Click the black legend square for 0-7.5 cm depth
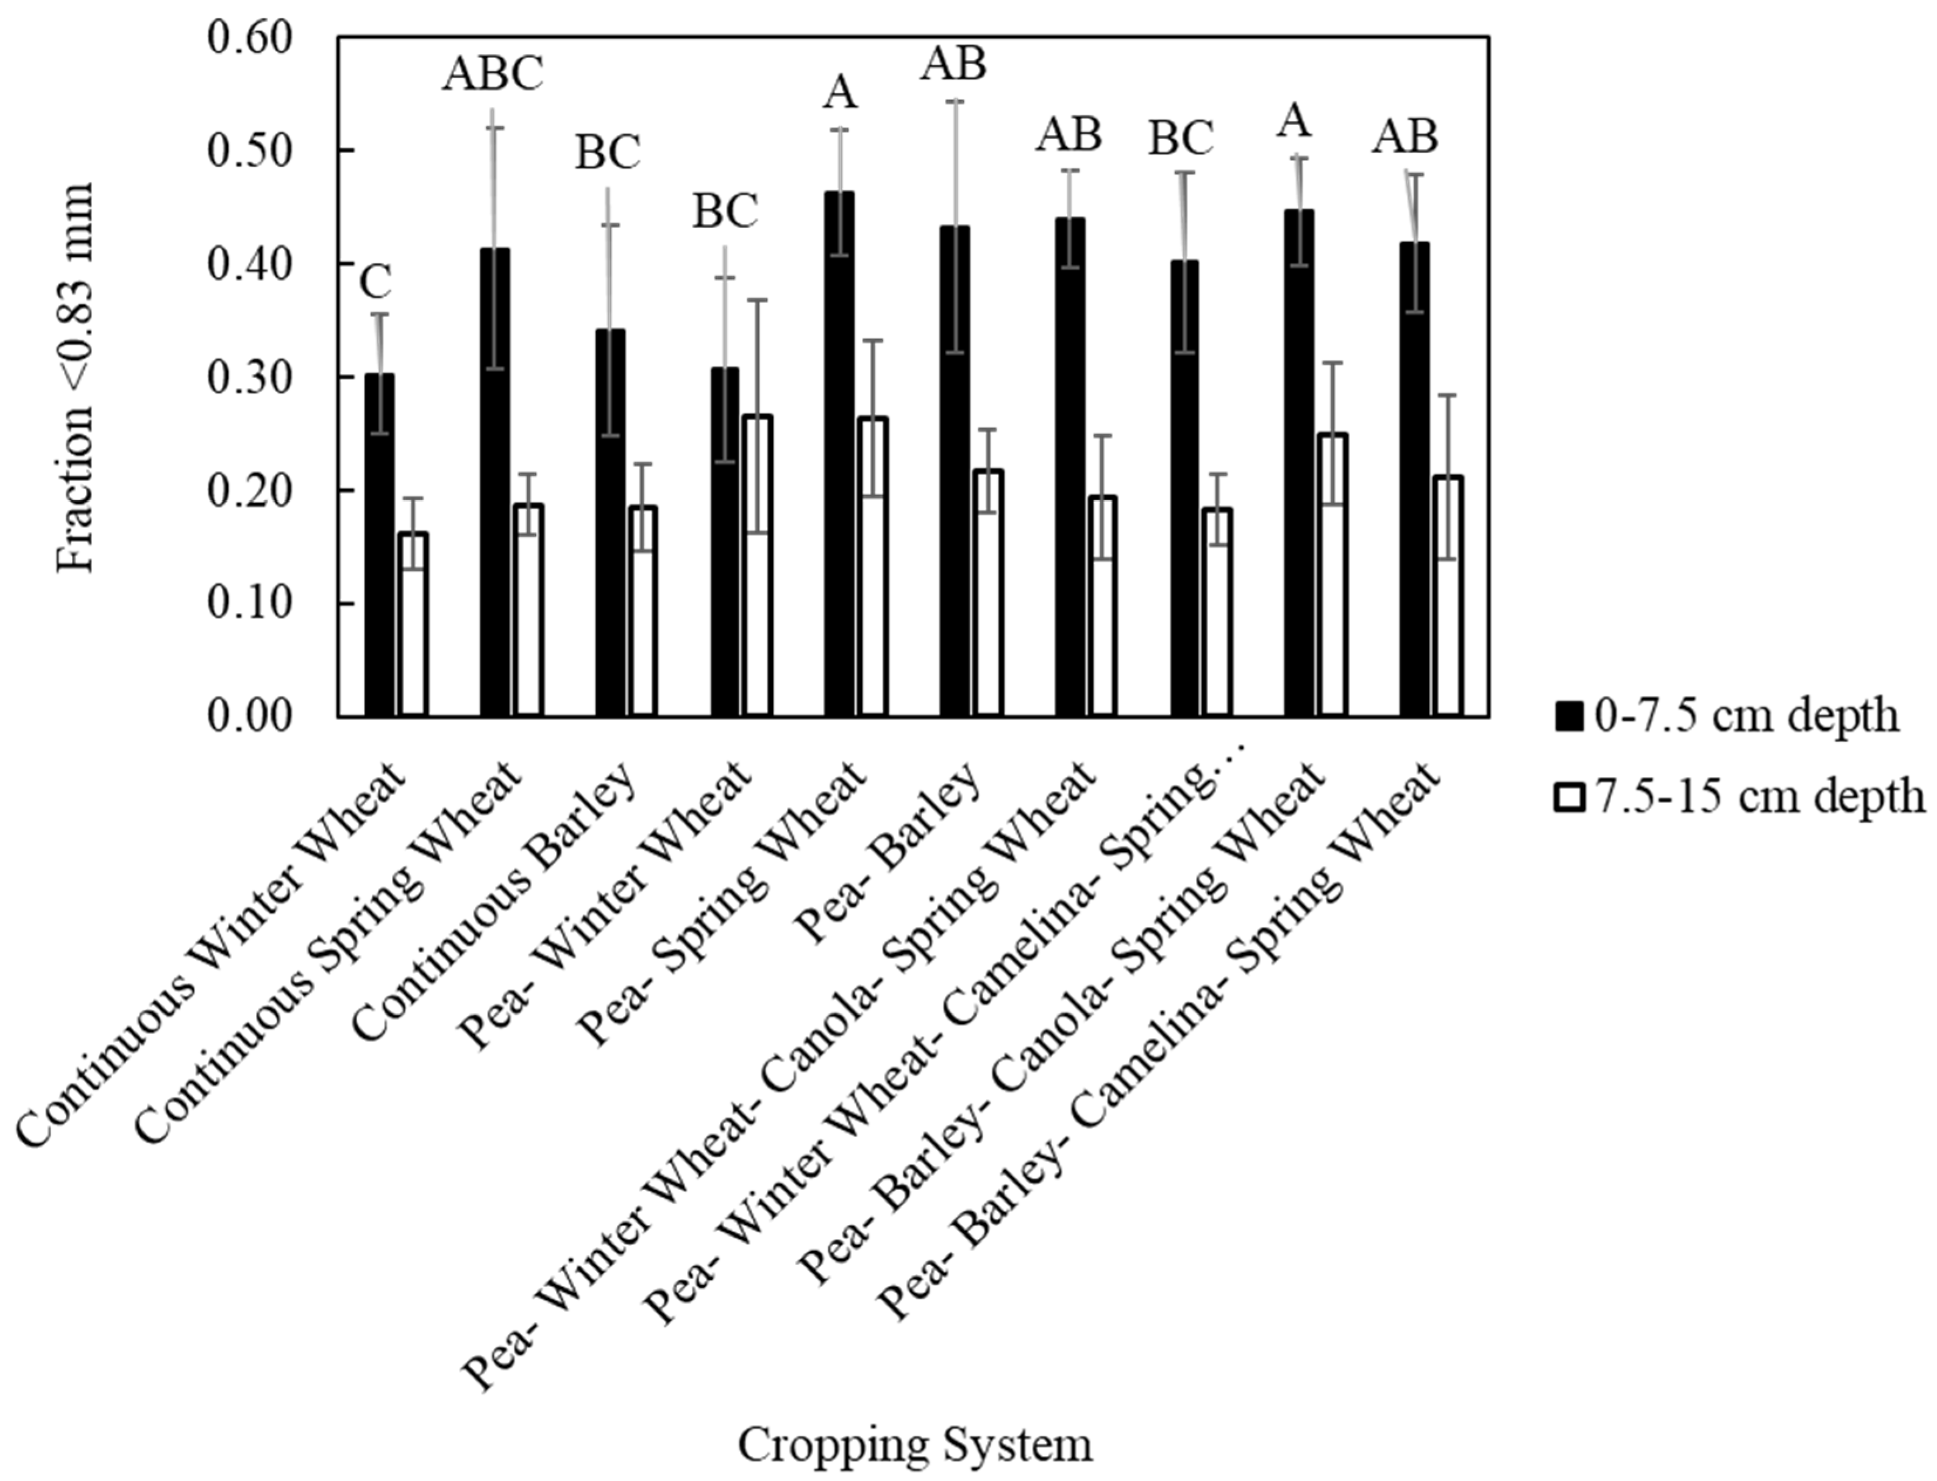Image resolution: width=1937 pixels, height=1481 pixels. pyautogui.click(x=1570, y=716)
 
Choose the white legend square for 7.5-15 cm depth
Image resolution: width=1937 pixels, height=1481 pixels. pyautogui.click(x=1570, y=798)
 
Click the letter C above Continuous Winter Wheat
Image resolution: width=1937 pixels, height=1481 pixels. pyautogui.click(x=376, y=282)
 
